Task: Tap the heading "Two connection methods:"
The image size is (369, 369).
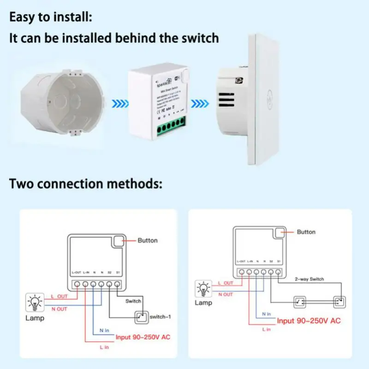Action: coord(86,184)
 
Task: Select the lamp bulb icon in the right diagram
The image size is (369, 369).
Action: coord(203,288)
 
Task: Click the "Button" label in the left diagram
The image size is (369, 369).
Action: coord(147,240)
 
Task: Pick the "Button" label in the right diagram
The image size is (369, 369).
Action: coord(306,232)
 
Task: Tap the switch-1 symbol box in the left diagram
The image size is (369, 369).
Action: coord(142,317)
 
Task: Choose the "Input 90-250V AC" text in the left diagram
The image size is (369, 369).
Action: coord(143,337)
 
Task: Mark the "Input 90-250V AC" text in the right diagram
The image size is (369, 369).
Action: coord(309,321)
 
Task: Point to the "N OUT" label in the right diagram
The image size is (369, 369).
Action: coord(225,294)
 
